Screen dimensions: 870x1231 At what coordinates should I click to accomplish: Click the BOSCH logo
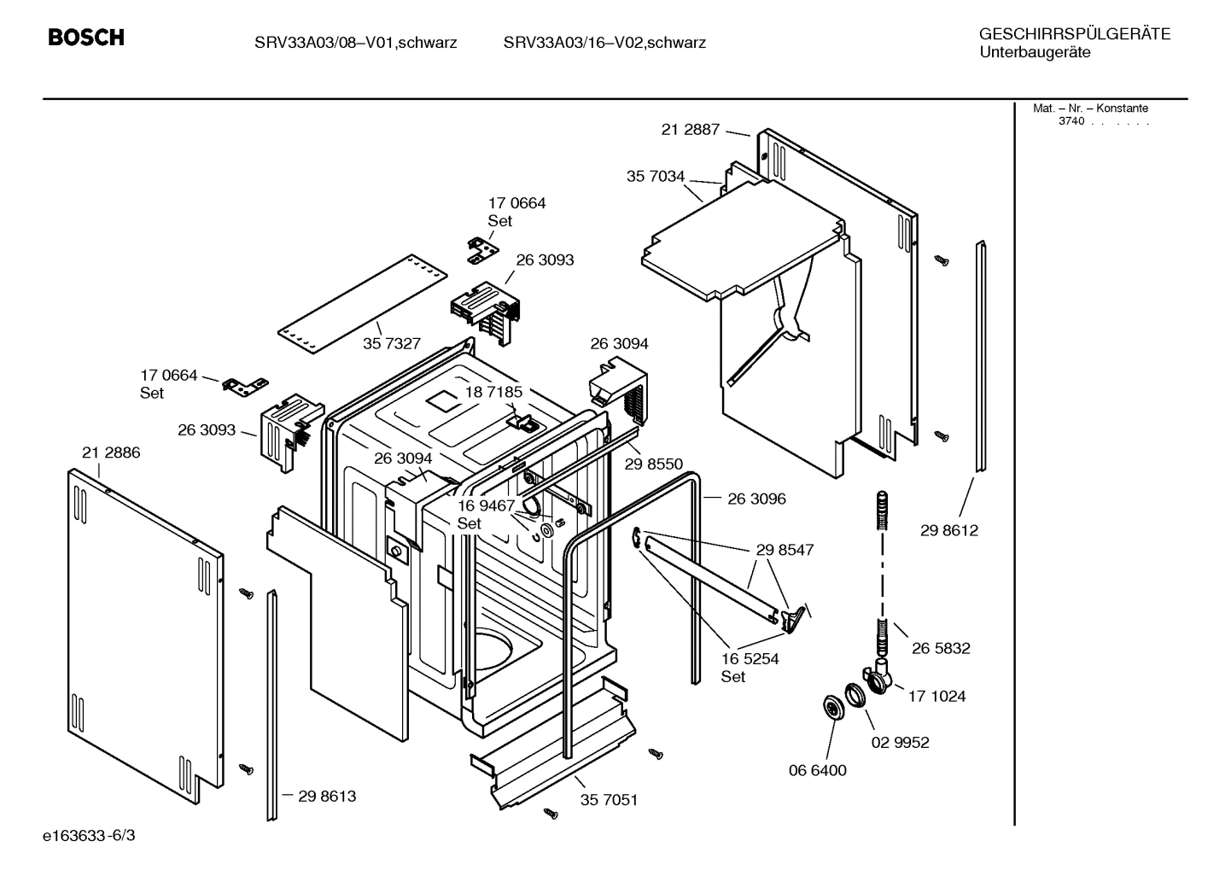[86, 38]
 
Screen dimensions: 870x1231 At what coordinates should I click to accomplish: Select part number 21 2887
[691, 130]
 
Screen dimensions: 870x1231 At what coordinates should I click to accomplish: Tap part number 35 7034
[656, 177]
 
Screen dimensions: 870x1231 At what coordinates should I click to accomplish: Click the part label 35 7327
[392, 343]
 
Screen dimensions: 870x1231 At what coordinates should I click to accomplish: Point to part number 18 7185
[493, 392]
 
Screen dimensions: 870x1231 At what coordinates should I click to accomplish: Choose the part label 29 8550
[654, 464]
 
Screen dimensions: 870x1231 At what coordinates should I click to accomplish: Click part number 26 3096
[756, 499]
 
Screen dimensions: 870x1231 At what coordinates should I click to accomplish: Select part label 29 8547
[785, 550]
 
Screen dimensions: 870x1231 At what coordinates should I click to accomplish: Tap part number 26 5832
[941, 648]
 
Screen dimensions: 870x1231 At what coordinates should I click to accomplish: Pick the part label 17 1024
[936, 696]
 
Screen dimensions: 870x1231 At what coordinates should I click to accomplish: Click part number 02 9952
[900, 742]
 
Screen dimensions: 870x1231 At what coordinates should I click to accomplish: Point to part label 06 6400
[817, 770]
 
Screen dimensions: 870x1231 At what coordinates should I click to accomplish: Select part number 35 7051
[609, 800]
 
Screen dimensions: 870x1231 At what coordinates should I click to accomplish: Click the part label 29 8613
[327, 796]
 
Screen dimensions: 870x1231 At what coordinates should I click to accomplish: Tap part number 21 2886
[111, 453]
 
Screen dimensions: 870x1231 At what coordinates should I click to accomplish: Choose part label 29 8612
[949, 530]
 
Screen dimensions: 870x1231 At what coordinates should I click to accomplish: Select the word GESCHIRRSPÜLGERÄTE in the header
[1075, 34]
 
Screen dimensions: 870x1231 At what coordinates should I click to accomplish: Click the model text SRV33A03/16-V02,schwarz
[604, 43]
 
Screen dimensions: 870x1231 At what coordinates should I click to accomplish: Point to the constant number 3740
[1071, 121]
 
